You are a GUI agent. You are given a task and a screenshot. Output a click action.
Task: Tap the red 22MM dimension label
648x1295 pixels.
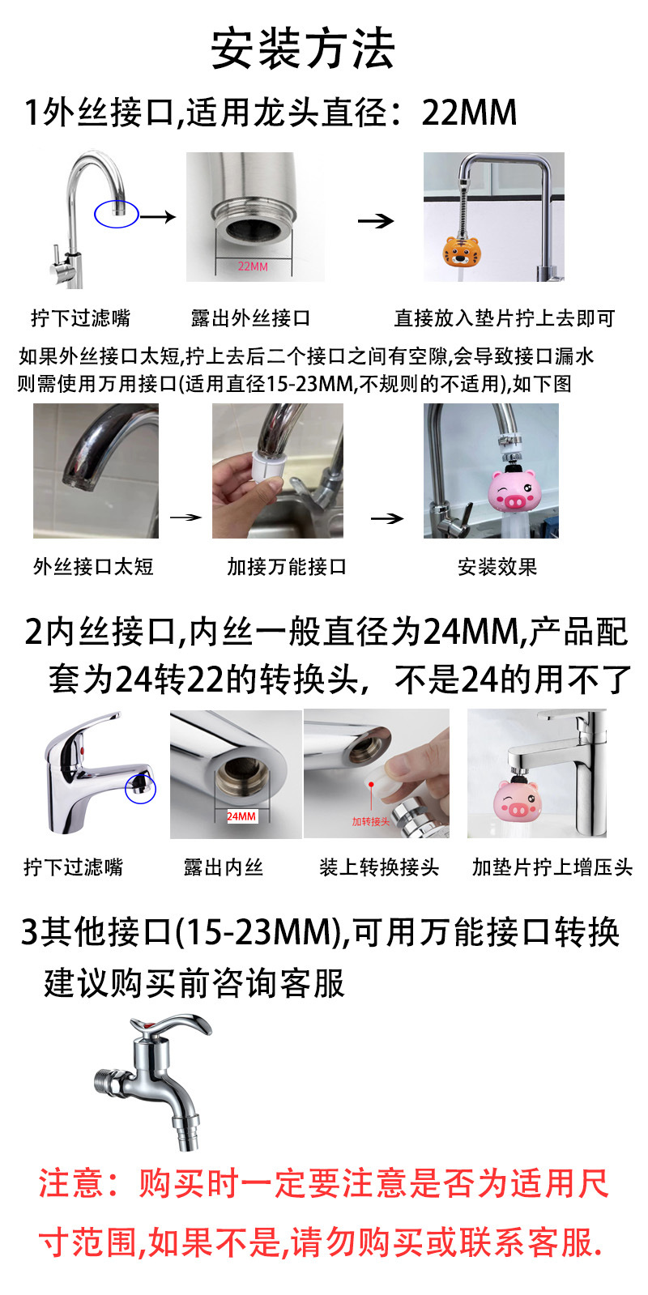253,266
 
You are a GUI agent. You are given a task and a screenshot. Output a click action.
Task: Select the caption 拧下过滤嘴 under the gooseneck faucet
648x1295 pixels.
80,318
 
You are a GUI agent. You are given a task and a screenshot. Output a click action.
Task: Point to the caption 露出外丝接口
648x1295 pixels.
250,318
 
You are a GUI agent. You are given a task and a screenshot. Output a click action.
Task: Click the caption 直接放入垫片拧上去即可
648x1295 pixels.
505,318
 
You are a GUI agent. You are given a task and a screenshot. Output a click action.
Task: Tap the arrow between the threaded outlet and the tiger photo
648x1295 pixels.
376,220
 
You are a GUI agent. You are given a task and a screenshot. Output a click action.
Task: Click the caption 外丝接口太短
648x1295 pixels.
93,567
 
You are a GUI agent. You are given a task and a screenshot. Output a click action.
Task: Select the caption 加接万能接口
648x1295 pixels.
287,567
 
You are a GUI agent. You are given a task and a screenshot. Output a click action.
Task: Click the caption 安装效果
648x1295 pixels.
497,567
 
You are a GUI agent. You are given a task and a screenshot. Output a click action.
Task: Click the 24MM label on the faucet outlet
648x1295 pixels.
241,816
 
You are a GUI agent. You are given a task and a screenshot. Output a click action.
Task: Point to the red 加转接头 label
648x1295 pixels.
370,821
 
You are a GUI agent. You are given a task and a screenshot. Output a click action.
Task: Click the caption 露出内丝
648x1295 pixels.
223,867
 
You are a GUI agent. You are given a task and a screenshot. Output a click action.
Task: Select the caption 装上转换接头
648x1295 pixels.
378,867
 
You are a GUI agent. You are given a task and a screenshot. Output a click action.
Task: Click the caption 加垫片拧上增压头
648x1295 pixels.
552,867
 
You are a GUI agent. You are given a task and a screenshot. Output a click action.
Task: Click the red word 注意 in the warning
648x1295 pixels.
71,1184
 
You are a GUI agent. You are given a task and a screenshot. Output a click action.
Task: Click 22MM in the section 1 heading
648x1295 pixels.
469,113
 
